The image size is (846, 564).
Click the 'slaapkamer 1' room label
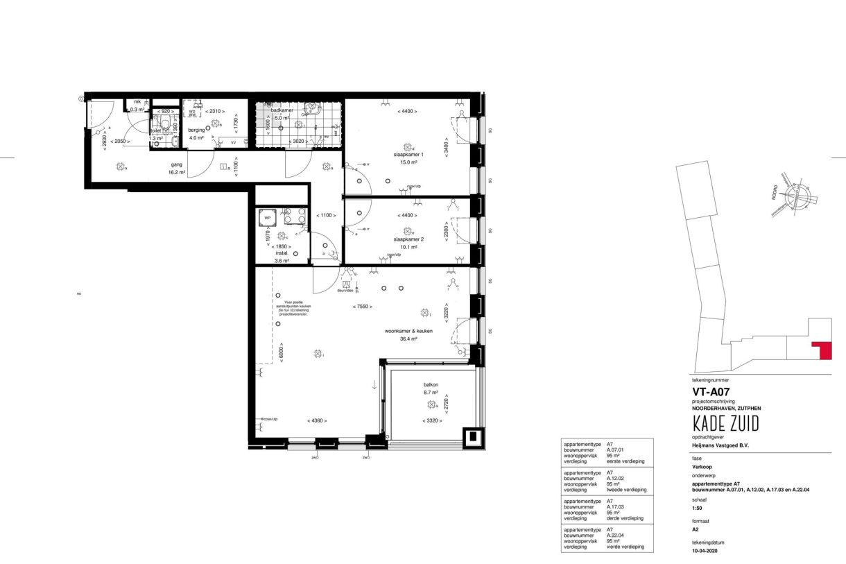pyautogui.click(x=408, y=154)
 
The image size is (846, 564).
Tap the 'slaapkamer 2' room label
pyautogui.click(x=408, y=239)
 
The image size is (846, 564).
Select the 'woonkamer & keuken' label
pyautogui.click(x=408, y=331)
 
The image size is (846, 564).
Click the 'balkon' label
pyautogui.click(x=431, y=385)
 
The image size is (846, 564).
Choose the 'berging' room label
pyautogui.click(x=196, y=130)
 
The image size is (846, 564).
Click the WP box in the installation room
pyautogui.click(x=266, y=218)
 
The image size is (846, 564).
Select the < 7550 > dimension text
pyautogui.click(x=362, y=306)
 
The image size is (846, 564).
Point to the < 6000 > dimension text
pyautogui.click(x=282, y=352)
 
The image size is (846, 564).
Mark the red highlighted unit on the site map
pyautogui.click(x=823, y=350)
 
